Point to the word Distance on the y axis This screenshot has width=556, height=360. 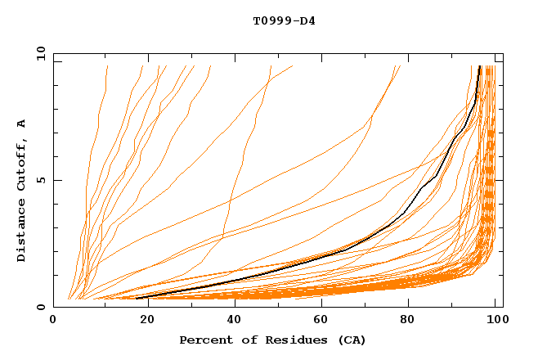[x=21, y=228]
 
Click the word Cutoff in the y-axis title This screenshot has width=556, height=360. [x=21, y=162]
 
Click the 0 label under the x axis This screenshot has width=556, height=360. [x=54, y=322]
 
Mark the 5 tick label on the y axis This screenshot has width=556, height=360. [x=40, y=180]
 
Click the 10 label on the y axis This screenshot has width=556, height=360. [x=38, y=53]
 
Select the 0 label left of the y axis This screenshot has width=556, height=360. [x=40, y=307]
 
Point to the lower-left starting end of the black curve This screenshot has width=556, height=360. [x=137, y=298]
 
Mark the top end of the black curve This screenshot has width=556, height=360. [x=480, y=67]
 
